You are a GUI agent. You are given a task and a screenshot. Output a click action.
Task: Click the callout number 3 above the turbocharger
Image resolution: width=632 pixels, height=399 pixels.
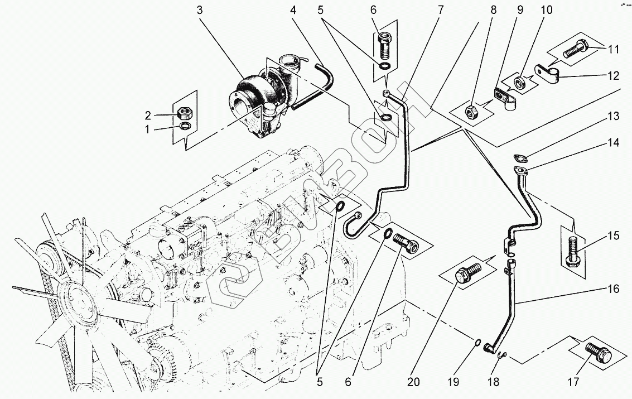[x=200, y=10]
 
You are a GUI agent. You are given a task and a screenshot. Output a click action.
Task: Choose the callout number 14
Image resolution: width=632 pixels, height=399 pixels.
[x=614, y=143]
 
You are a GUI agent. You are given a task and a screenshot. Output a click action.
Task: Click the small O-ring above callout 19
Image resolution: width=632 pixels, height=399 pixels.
[x=478, y=342]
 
